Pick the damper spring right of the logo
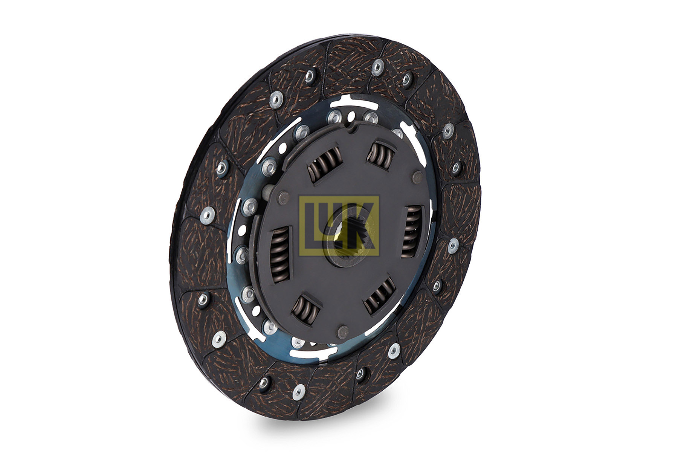[411, 231]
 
